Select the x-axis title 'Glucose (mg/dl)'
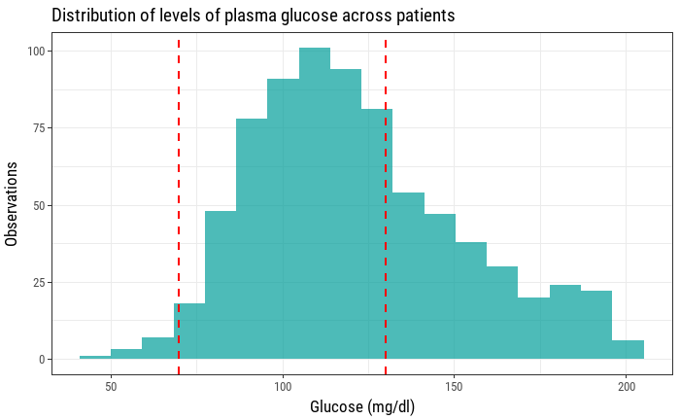click(x=362, y=406)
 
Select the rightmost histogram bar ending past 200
click(x=628, y=350)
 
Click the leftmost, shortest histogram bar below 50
click(x=95, y=358)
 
